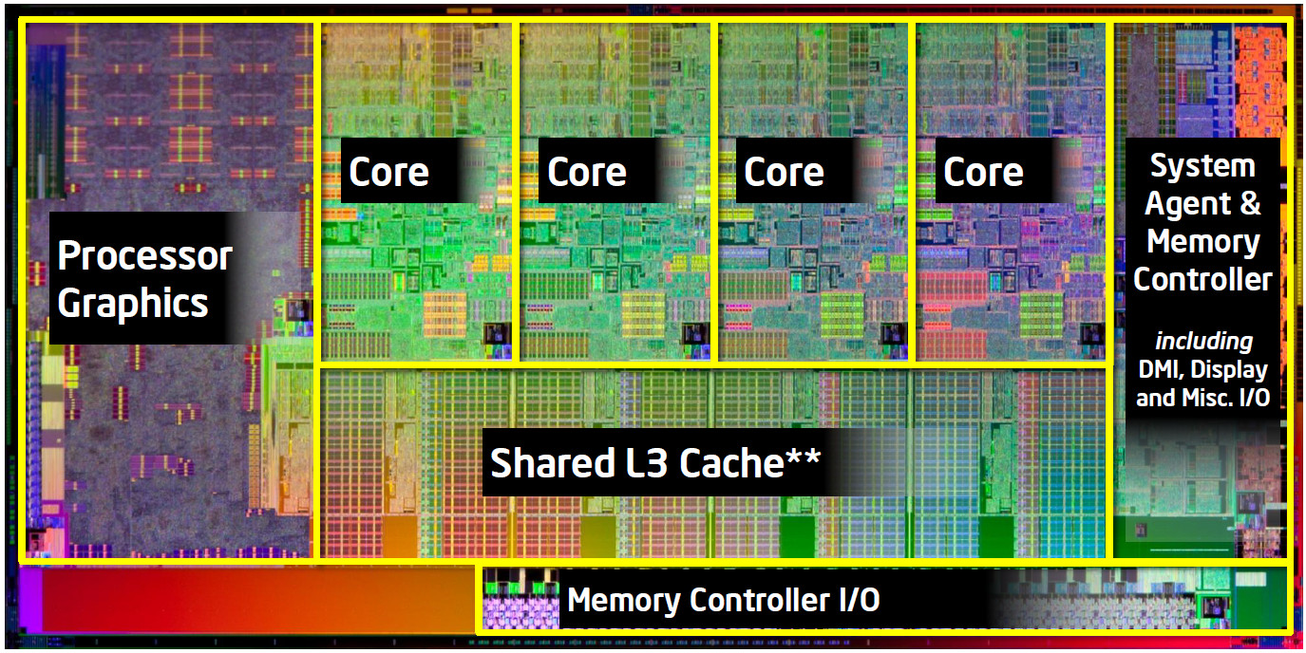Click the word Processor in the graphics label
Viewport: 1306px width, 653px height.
pyautogui.click(x=145, y=255)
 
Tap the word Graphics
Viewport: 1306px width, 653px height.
pyautogui.click(x=133, y=304)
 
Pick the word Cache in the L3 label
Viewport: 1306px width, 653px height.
pyautogui.click(x=731, y=462)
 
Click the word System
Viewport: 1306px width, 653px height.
pyautogui.click(x=1202, y=167)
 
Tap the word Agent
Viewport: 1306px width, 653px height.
pyautogui.click(x=1187, y=205)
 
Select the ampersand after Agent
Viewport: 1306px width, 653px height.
pyautogui.click(x=1250, y=203)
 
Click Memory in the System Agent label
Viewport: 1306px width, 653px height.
pyautogui.click(x=1203, y=242)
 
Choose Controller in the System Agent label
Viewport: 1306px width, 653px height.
pyautogui.click(x=1202, y=280)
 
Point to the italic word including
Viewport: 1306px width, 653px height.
pyautogui.click(x=1204, y=342)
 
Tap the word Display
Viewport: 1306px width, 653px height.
pyautogui.click(x=1229, y=370)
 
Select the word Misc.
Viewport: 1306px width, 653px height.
pyautogui.click(x=1207, y=398)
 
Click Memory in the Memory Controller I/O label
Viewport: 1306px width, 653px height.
pyautogui.click(x=624, y=600)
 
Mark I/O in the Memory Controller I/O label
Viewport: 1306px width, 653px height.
pyautogui.click(x=860, y=600)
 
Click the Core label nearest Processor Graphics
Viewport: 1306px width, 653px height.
pyautogui.click(x=388, y=172)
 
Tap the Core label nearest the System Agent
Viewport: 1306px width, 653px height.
pyautogui.click(x=983, y=172)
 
